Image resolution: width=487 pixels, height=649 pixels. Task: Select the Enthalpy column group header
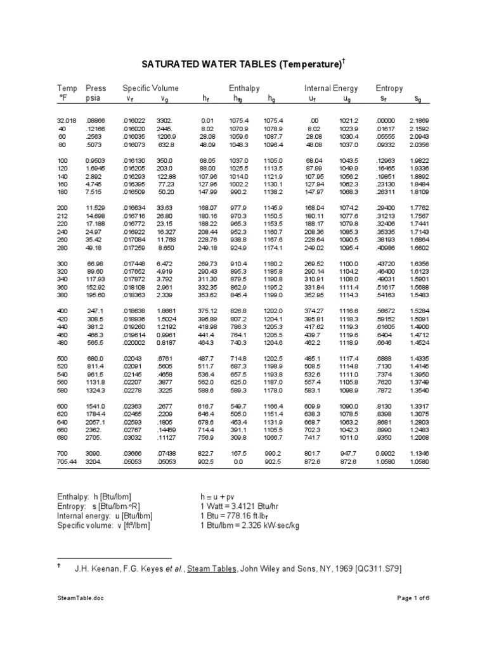pos(244,88)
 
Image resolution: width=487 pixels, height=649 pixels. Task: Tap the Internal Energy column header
pos(331,88)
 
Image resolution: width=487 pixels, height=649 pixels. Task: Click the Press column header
pos(96,88)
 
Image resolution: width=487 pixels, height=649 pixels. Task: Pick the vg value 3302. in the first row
pos(164,120)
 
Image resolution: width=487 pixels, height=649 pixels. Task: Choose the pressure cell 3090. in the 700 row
pos(95,454)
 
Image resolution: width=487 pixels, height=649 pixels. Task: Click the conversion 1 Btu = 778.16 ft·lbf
pos(242,516)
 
